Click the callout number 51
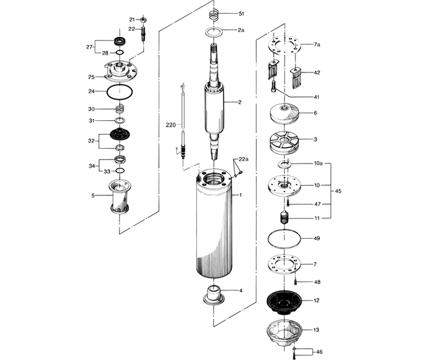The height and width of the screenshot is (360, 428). coord(241,13)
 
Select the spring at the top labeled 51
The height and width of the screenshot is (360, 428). coord(216,14)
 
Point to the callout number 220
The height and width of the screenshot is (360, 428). coord(171,125)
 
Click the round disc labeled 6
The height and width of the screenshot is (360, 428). coord(287,112)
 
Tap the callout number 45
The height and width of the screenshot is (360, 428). coord(339,191)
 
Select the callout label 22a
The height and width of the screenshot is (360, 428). coord(244,159)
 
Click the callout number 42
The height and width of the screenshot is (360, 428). coord(317,73)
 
